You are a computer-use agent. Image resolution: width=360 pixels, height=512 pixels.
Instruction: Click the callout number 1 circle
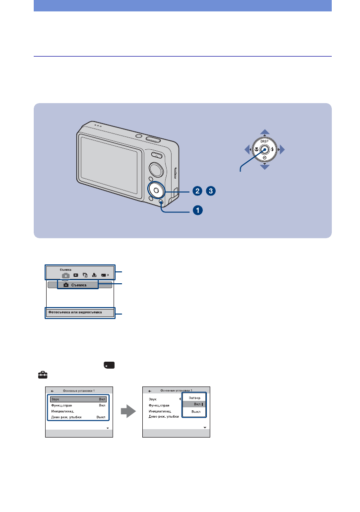pyautogui.click(x=197, y=210)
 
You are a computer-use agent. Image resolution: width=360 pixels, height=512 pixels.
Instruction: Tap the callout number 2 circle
pyautogui.click(x=197, y=191)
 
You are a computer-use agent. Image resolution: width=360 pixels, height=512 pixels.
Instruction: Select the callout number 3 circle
pyautogui.click(x=212, y=191)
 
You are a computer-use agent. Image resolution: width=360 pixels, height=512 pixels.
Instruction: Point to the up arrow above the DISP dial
pyautogui.click(x=265, y=132)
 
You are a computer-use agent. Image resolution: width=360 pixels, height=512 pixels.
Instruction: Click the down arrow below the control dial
pyautogui.click(x=265, y=167)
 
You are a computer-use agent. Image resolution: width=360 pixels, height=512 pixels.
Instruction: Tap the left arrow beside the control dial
pyautogui.click(x=247, y=149)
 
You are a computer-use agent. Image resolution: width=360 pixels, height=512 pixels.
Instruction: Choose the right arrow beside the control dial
pyautogui.click(x=282, y=149)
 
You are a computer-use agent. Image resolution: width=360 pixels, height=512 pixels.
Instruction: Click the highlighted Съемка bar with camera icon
pyautogui.click(x=79, y=285)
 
